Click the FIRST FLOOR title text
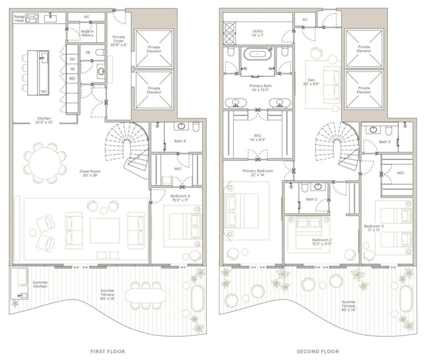pos(107,351)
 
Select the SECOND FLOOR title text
pos(318,351)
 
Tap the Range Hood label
pos(19,19)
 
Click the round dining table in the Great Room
pos(43,163)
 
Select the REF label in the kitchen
pos(72,79)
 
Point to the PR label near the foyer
pos(88,53)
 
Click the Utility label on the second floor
pos(257,34)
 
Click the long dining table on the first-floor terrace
pos(146,295)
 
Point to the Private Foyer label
pos(119,41)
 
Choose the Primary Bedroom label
pos(258,173)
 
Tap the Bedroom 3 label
pos(373,228)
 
